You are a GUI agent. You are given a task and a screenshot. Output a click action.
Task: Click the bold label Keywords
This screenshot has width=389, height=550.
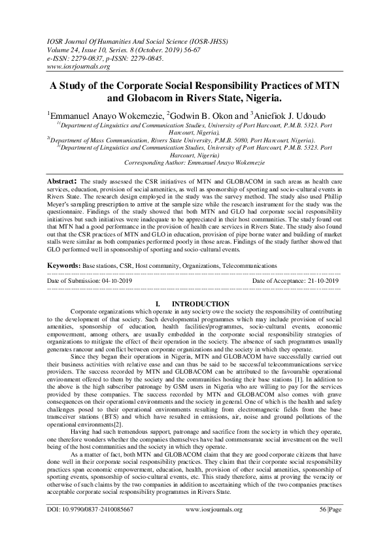point(68,267)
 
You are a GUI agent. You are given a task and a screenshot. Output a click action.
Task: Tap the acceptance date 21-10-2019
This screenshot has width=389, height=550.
point(324,280)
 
